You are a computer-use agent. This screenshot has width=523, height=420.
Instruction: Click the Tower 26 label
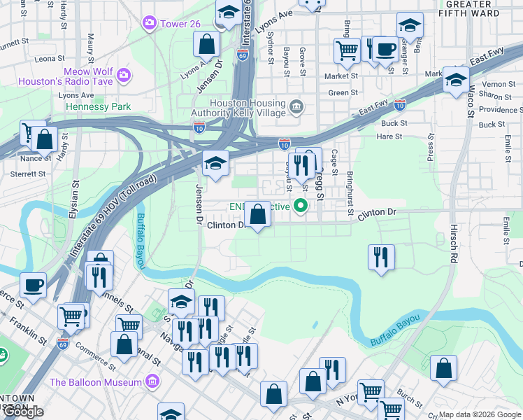coord(180,24)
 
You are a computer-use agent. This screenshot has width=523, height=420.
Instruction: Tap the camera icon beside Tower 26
coord(150,24)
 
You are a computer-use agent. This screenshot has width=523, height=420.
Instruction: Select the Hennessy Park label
coord(98,107)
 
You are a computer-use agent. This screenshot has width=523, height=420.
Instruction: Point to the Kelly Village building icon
coord(296,107)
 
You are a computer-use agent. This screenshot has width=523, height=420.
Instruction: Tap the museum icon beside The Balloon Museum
coord(152,382)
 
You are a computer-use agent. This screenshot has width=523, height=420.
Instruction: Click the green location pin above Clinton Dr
coord(301,206)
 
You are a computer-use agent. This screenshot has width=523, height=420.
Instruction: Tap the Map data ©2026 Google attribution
coord(480,414)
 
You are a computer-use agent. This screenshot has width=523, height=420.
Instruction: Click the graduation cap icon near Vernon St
coord(456,80)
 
